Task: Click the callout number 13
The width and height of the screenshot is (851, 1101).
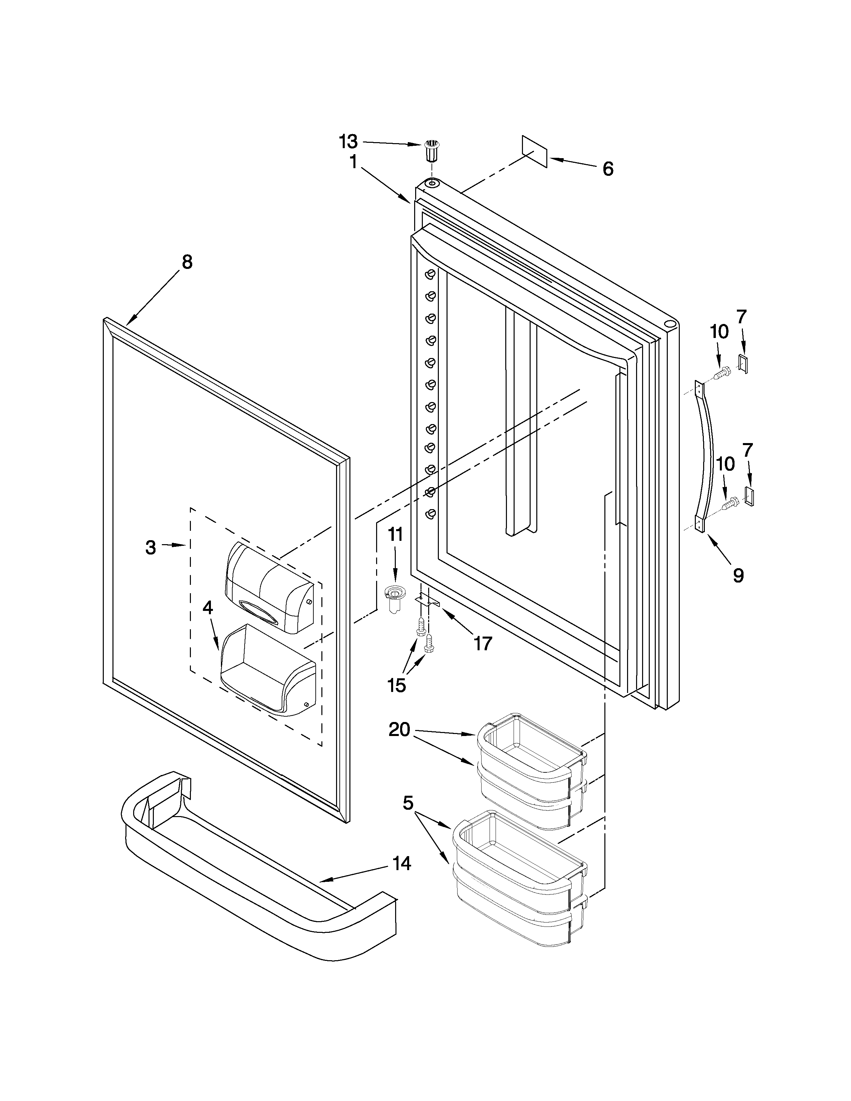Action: (348, 142)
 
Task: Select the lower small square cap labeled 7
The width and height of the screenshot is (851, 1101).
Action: (749, 496)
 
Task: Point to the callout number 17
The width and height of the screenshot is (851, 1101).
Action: (483, 643)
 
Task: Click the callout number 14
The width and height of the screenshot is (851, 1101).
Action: (402, 863)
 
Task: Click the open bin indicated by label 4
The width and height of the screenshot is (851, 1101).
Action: (267, 671)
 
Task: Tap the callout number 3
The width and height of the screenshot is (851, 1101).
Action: (151, 547)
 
